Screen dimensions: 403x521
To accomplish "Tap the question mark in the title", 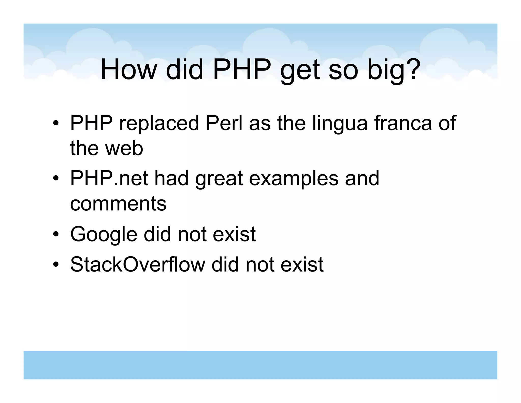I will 410,69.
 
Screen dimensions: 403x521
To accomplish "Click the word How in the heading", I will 128,70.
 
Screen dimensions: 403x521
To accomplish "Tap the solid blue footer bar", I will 260,365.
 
